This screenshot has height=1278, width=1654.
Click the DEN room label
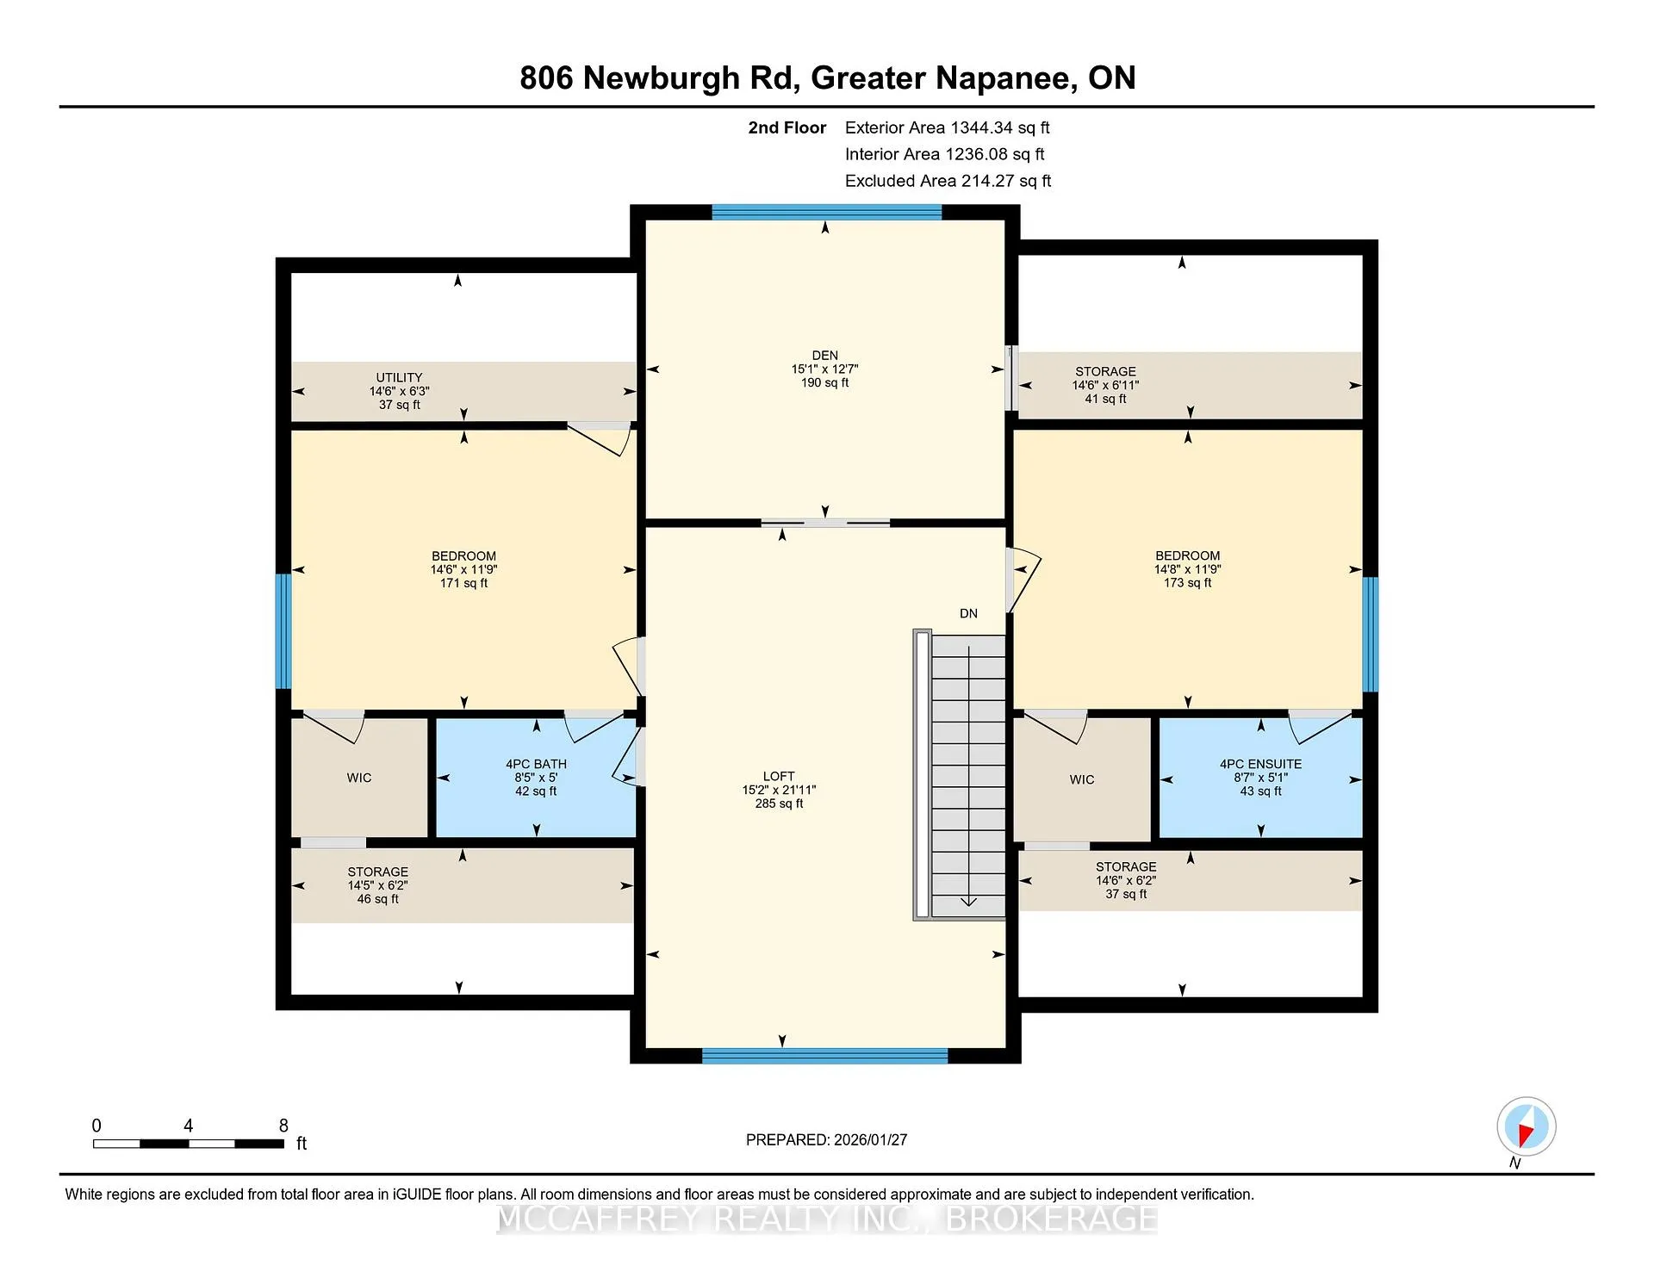tap(824, 355)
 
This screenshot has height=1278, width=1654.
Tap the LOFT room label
tap(779, 776)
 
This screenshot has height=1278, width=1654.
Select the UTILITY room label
tap(399, 377)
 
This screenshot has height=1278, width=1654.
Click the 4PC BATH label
tap(536, 764)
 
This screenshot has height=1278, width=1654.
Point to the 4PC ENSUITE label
tap(1260, 764)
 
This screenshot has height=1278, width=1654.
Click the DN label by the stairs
tap(968, 613)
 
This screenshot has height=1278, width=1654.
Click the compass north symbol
tap(1526, 1127)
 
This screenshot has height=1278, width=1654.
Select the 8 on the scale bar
tap(283, 1126)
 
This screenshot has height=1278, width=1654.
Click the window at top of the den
tap(827, 212)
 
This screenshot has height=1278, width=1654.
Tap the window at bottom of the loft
tap(824, 1056)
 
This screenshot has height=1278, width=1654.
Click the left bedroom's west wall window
tap(283, 631)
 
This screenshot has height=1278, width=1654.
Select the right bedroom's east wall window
tap(1370, 635)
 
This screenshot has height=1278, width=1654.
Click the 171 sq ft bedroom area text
tap(463, 583)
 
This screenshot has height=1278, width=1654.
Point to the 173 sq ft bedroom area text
tap(1187, 583)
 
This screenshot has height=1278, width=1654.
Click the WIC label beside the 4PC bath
tap(359, 778)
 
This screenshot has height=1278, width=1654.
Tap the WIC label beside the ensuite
tap(1082, 779)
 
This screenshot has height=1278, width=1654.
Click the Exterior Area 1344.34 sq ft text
tap(947, 127)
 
